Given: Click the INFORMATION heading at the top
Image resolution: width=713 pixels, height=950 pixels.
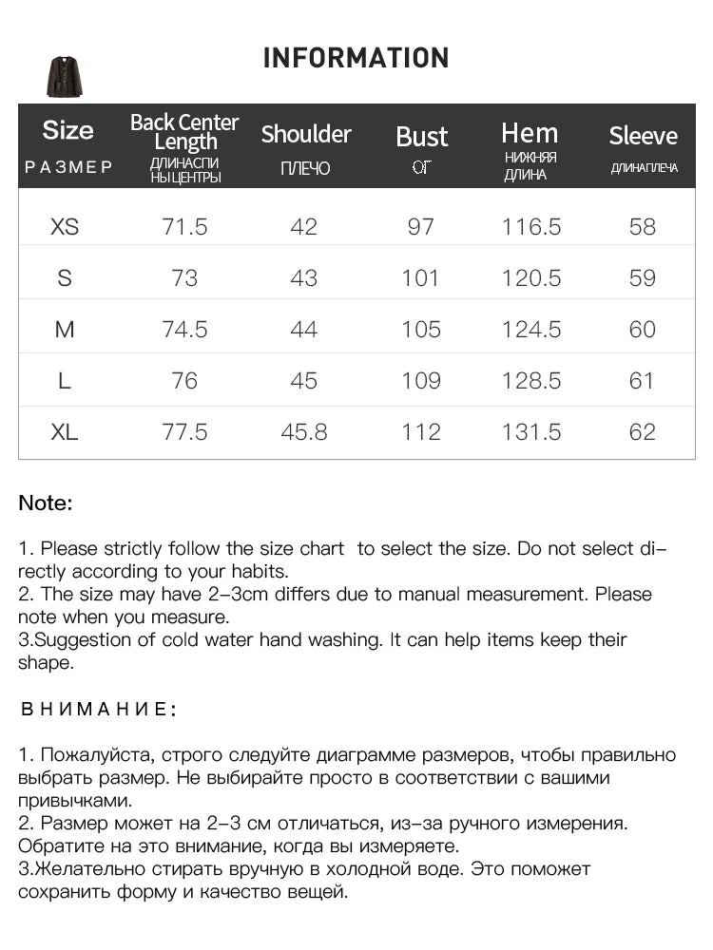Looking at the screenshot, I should tap(356, 58).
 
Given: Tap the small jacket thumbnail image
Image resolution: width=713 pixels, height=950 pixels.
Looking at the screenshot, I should tap(65, 77).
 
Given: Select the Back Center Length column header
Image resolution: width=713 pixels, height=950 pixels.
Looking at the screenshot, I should tap(184, 132).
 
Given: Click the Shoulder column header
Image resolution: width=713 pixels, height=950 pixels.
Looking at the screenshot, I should tap(306, 134).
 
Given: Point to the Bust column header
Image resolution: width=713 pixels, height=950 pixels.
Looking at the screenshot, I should tap(421, 137).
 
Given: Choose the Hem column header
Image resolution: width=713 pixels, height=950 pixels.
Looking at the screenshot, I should tap(530, 133).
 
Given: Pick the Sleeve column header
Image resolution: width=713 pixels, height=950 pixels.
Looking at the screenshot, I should tap(643, 136).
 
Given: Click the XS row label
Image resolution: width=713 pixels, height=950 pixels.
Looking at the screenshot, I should tap(65, 227).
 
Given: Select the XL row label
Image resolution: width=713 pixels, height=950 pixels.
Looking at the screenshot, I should tap(65, 432).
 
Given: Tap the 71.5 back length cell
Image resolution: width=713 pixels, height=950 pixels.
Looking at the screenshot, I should tap(184, 227).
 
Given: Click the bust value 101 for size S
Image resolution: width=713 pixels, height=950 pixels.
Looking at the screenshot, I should tap(420, 278).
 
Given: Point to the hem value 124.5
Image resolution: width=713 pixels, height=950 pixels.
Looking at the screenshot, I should tap(531, 330).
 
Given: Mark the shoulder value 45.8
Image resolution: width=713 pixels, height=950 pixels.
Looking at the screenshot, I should tap(304, 432).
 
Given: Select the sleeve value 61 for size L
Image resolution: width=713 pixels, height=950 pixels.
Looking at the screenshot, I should tap(643, 381).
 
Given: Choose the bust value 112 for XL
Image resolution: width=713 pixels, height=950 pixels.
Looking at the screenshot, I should tap(420, 432).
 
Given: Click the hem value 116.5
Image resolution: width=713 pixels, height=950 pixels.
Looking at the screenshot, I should tap(531, 227).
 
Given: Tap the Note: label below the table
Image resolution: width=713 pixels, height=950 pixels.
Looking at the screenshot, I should tap(46, 503).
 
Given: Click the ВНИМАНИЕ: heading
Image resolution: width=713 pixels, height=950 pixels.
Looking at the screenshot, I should tap(97, 709).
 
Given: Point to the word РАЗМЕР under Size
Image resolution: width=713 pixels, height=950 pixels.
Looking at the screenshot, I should tap(68, 167).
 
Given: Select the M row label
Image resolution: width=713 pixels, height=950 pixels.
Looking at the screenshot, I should tap(65, 330).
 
